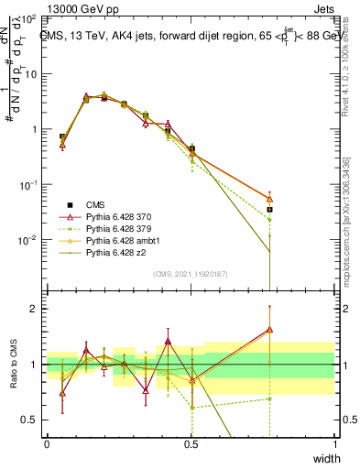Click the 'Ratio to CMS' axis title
(x=13, y=365)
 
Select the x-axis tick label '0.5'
(x=191, y=444)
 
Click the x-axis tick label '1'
(x=335, y=444)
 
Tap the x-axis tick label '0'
(x=47, y=444)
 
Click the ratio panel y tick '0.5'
(x=29, y=420)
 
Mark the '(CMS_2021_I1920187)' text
(x=191, y=273)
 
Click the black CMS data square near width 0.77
(x=269, y=210)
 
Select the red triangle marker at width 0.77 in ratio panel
(x=269, y=330)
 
